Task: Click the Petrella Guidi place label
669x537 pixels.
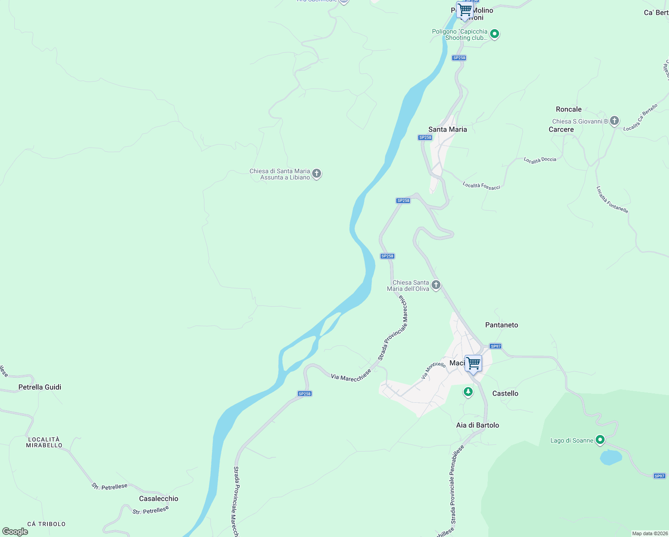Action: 40,387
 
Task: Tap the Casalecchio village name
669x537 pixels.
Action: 158,499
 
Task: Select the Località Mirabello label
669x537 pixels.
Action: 44,442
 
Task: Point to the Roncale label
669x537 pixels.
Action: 568,109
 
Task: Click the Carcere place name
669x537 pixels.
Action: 561,129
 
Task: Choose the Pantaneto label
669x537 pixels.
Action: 501,325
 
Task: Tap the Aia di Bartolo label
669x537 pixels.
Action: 477,425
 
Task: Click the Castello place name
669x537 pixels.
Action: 505,393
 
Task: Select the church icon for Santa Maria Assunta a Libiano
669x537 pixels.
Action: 317,174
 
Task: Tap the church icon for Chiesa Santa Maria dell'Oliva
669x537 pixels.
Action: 436,285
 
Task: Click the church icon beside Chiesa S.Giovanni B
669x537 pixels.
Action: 614,120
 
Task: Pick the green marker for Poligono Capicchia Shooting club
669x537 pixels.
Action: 494,34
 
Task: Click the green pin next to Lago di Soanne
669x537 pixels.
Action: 600,440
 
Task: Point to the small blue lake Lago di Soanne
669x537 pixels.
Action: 610,457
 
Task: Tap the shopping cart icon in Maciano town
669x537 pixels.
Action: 473,363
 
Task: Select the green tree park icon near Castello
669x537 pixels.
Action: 468,392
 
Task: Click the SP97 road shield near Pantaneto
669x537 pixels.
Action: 495,346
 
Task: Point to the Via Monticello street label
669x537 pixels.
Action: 433,370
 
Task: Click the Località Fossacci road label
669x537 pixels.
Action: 481,185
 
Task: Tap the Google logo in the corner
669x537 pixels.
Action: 15,532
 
